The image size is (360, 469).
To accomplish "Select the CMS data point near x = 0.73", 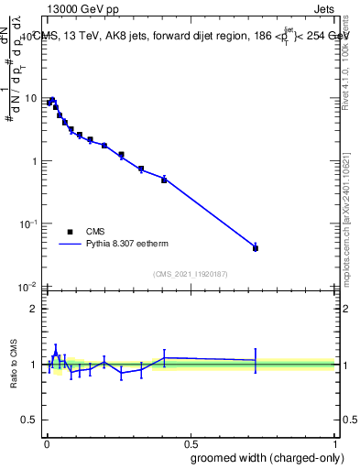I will [256, 248].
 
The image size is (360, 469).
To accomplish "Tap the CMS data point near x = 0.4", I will [164, 180].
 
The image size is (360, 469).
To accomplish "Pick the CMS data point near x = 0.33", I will [141, 169].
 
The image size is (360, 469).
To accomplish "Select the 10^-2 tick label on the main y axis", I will [27, 287].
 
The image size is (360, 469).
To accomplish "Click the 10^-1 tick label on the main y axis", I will [27, 224].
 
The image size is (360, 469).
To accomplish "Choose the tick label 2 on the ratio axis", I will [34, 309].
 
